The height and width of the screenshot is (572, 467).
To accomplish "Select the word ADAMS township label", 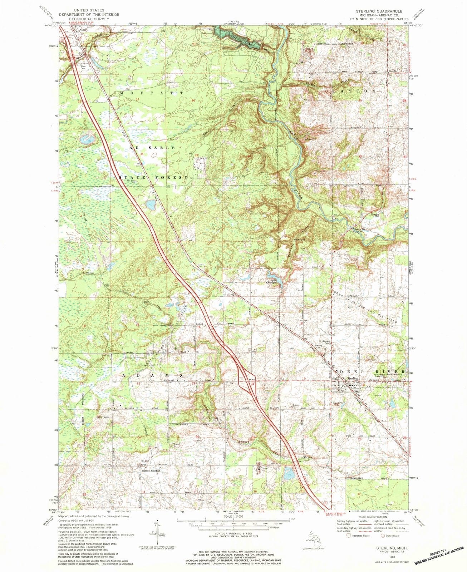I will (154, 376).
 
